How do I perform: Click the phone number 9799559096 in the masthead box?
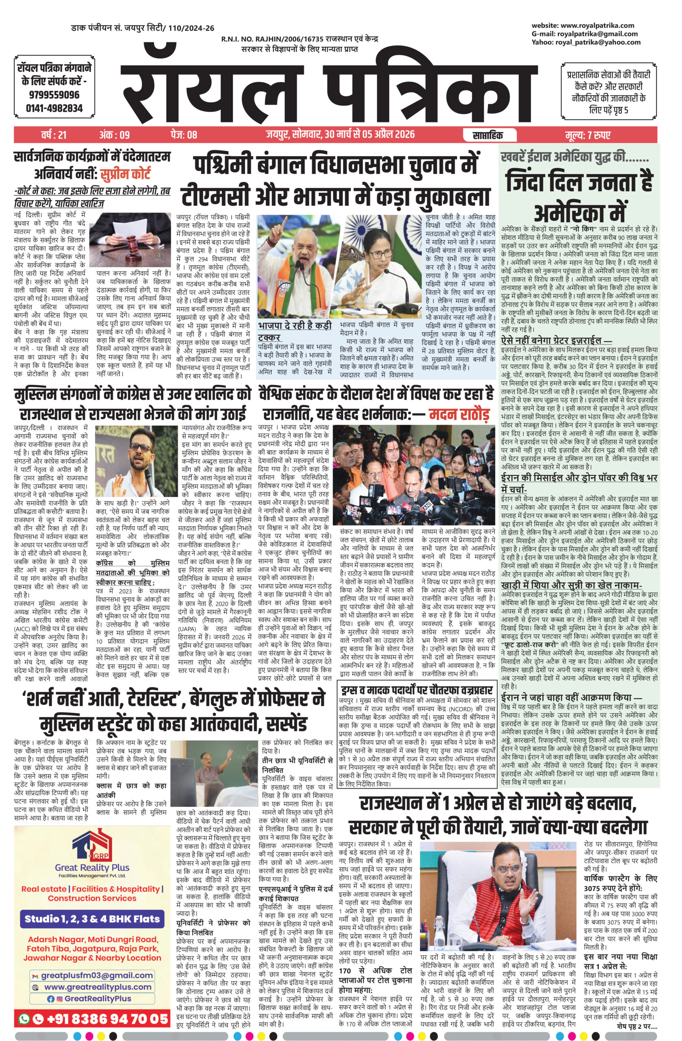pos(54,94)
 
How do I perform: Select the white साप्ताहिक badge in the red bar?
pos(487,135)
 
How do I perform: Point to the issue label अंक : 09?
pos(114,135)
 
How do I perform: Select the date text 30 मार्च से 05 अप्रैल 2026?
pos(369,134)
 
